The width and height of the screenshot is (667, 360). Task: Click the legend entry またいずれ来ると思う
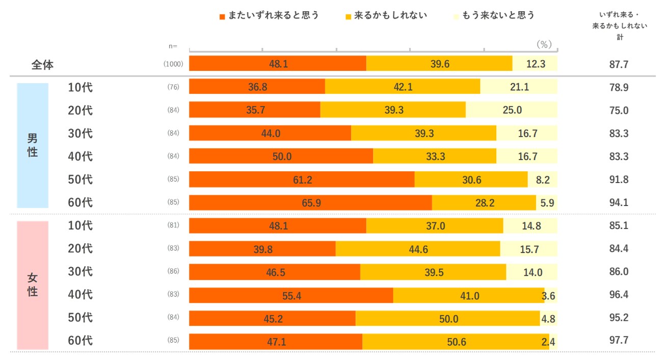click(270, 16)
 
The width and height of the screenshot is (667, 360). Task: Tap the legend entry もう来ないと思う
click(494, 16)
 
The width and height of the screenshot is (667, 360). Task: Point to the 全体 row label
click(42, 65)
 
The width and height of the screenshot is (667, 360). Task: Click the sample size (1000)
click(173, 64)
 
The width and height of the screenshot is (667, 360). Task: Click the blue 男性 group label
click(33, 145)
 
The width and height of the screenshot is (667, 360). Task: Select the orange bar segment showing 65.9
click(310, 202)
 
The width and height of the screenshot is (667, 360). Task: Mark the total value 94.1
click(619, 202)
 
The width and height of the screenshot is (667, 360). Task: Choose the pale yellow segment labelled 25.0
click(512, 110)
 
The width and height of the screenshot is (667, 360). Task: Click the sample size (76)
click(173, 87)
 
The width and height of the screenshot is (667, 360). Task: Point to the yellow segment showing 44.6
click(418, 249)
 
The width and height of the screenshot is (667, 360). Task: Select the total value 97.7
click(619, 341)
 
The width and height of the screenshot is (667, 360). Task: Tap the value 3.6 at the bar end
click(549, 295)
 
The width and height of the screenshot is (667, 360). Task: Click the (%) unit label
click(545, 44)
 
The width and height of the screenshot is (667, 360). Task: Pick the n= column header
click(173, 46)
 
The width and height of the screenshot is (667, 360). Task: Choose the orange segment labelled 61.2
click(302, 179)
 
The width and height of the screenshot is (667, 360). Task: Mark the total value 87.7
click(619, 65)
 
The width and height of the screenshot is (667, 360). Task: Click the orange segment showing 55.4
click(291, 295)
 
